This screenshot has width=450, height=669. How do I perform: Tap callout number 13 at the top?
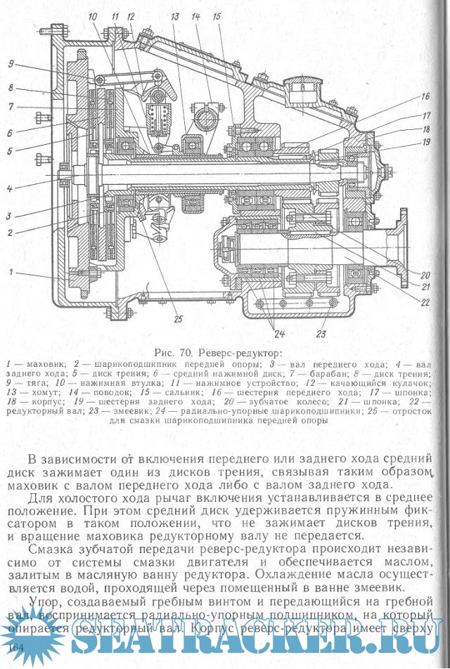(176, 15)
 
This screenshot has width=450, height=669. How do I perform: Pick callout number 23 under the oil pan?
(322, 333)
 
